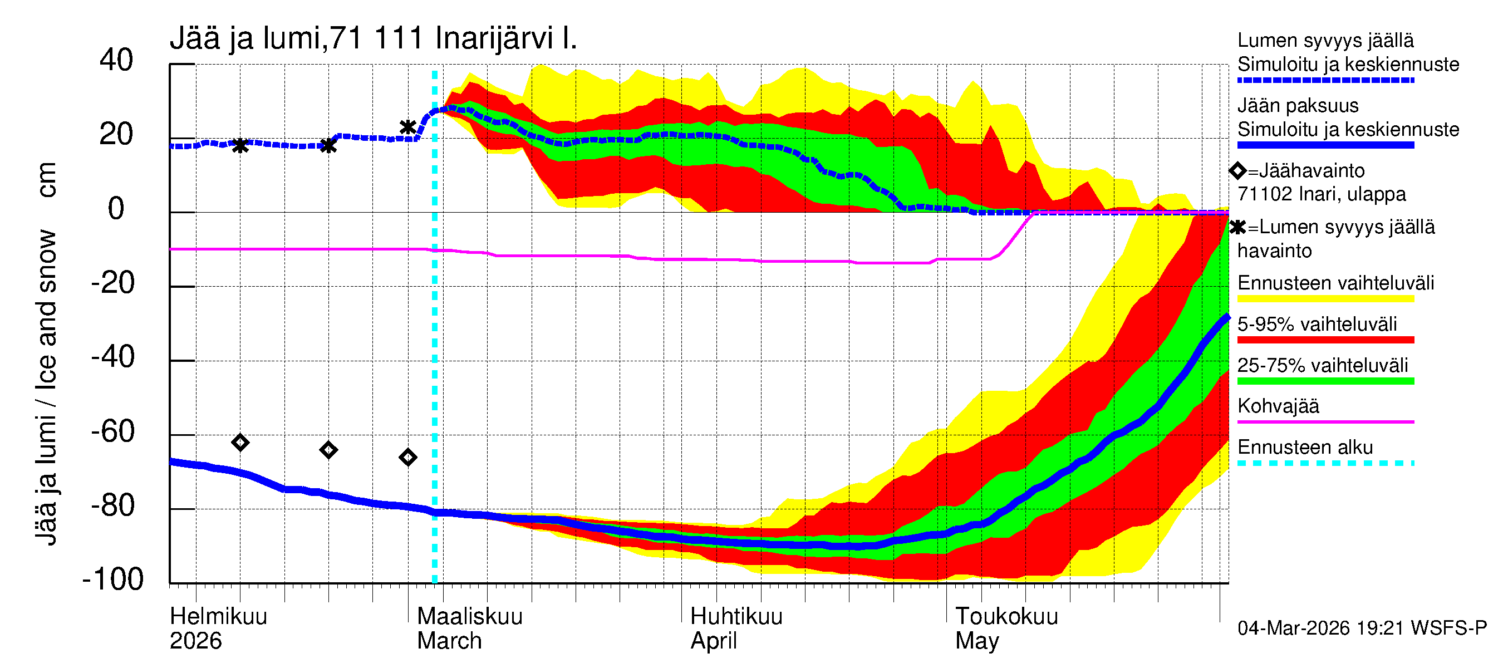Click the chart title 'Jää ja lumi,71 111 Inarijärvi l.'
point(373,38)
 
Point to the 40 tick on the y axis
point(116,60)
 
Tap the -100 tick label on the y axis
point(113,579)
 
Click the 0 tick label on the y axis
point(116,209)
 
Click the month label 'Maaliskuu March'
point(469,628)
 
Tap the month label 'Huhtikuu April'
point(736,628)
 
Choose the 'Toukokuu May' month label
point(1006,628)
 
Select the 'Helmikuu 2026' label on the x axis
point(218,628)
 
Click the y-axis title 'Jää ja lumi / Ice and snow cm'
point(46,353)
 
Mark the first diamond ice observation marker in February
point(240,443)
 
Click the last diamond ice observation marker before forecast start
point(408,458)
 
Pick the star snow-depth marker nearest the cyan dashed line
point(408,126)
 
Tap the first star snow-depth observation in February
point(240,145)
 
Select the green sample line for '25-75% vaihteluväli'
point(1325,381)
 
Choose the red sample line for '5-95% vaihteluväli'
point(1325,340)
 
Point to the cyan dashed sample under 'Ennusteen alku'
point(1325,463)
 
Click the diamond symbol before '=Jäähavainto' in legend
point(1237,171)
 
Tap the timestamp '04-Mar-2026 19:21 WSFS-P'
point(1362,628)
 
